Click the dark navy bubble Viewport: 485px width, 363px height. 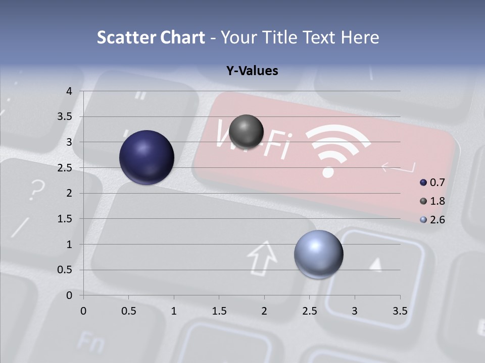(x=147, y=157)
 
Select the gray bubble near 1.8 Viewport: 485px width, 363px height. (x=247, y=132)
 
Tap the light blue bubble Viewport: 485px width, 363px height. (x=318, y=254)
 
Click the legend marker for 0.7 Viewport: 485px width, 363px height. (x=423, y=183)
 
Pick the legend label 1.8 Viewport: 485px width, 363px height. (x=437, y=201)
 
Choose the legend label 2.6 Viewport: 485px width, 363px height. (x=437, y=220)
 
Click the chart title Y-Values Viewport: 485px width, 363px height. (x=252, y=71)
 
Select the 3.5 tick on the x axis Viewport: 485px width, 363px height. (x=400, y=311)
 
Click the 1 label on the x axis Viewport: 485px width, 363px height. (x=174, y=311)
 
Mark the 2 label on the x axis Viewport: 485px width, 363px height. (x=264, y=311)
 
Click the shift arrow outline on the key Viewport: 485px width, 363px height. (x=263, y=258)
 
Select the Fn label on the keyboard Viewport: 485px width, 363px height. (x=91, y=342)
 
